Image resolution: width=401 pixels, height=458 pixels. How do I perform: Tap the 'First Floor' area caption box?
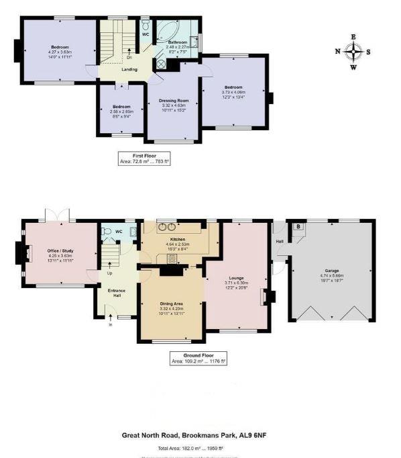[144, 159]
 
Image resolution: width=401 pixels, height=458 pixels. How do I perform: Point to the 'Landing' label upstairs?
[129, 68]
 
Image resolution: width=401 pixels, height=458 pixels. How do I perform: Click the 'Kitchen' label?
[177, 239]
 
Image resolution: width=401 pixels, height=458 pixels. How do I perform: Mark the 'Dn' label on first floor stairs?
[129, 57]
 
